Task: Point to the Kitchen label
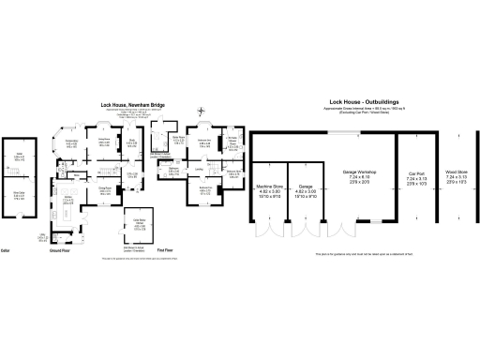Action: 67,200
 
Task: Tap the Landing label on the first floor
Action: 200,171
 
